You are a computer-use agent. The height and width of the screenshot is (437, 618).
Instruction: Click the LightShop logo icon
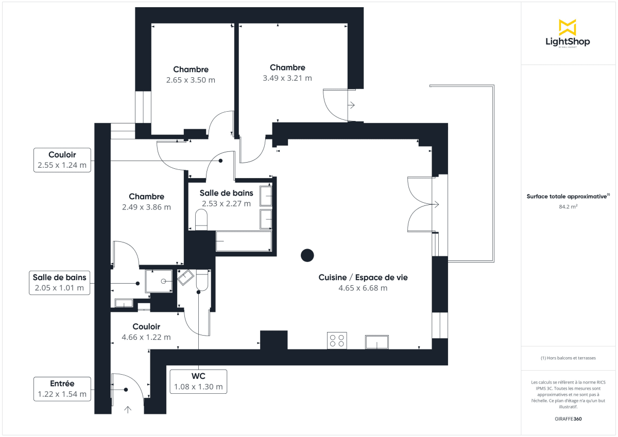pyautogui.click(x=567, y=27)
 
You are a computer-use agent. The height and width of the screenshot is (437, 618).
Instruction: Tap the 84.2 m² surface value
pyautogui.click(x=567, y=207)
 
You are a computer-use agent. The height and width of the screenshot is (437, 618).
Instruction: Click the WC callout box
pyautogui.click(x=198, y=381)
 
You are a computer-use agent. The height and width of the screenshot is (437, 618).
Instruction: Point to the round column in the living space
pyautogui.click(x=307, y=255)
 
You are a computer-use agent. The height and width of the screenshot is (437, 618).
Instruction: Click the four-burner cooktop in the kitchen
pyautogui.click(x=337, y=341)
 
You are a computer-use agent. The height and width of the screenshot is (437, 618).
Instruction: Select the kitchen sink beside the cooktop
pyautogui.click(x=377, y=342)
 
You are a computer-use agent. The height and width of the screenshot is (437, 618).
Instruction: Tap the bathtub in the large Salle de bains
pyautogui.click(x=243, y=241)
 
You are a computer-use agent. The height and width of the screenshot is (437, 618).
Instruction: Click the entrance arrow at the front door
pyautogui.click(x=128, y=410)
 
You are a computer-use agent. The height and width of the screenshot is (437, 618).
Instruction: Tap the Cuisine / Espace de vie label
pyautogui.click(x=363, y=277)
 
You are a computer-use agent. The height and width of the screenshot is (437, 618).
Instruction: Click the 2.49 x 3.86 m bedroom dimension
pyautogui.click(x=146, y=207)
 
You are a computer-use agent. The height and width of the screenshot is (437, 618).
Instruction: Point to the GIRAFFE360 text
pyautogui.click(x=567, y=419)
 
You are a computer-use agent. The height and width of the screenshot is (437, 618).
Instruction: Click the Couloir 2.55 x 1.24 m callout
pyautogui.click(x=62, y=160)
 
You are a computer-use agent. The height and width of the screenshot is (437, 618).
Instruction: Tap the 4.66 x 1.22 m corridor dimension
pyautogui.click(x=146, y=337)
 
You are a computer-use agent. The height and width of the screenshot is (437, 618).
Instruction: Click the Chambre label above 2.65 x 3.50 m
pyautogui.click(x=191, y=69)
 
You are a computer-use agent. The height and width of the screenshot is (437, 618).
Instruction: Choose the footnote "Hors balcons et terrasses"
pyautogui.click(x=567, y=358)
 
